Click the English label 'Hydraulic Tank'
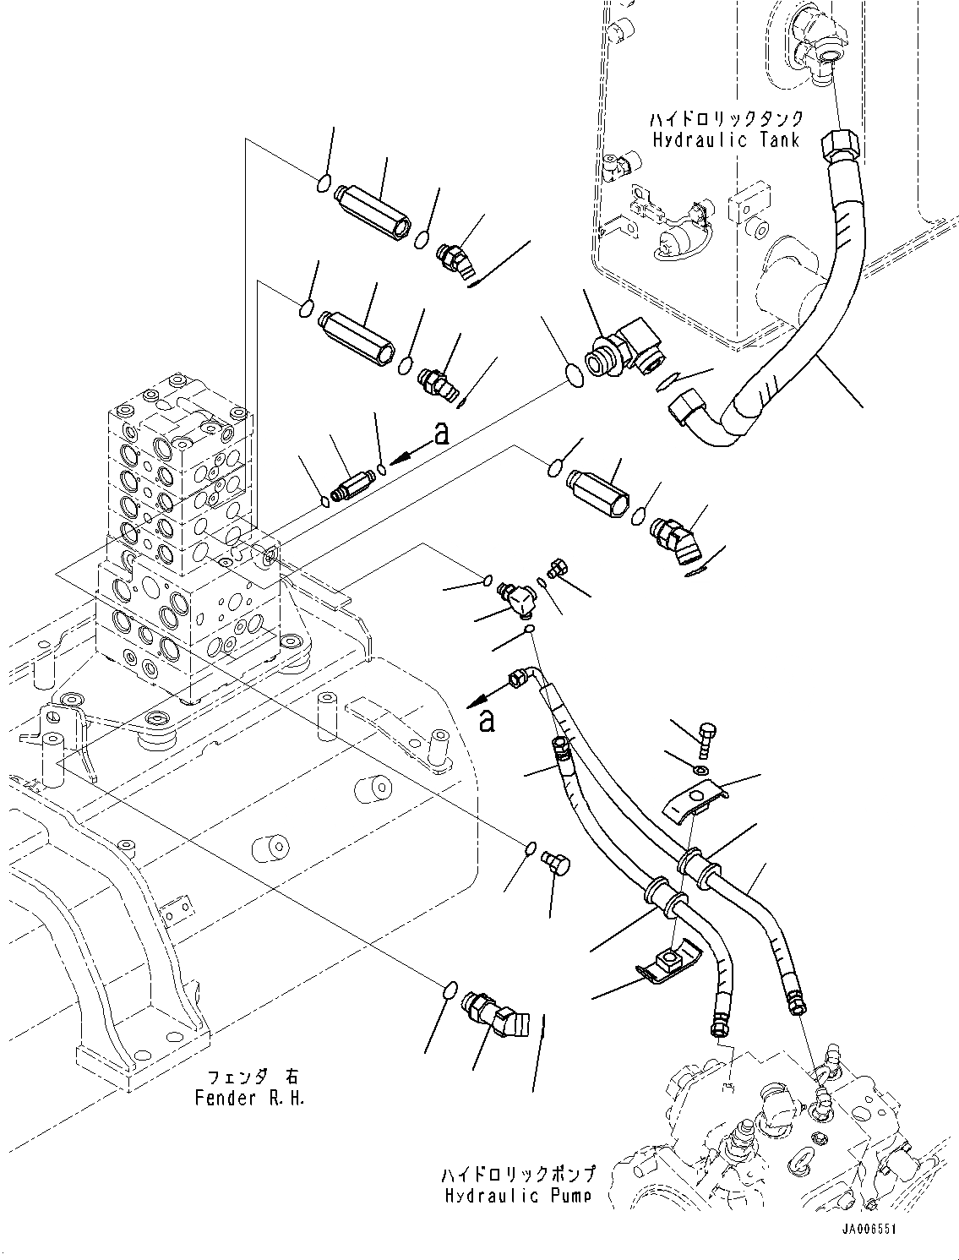(x=725, y=140)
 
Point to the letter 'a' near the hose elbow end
(x=486, y=721)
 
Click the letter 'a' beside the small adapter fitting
(x=439, y=434)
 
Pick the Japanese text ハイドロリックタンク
(x=725, y=119)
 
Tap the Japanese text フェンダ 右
(x=253, y=1077)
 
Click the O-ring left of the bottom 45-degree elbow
(x=451, y=990)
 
